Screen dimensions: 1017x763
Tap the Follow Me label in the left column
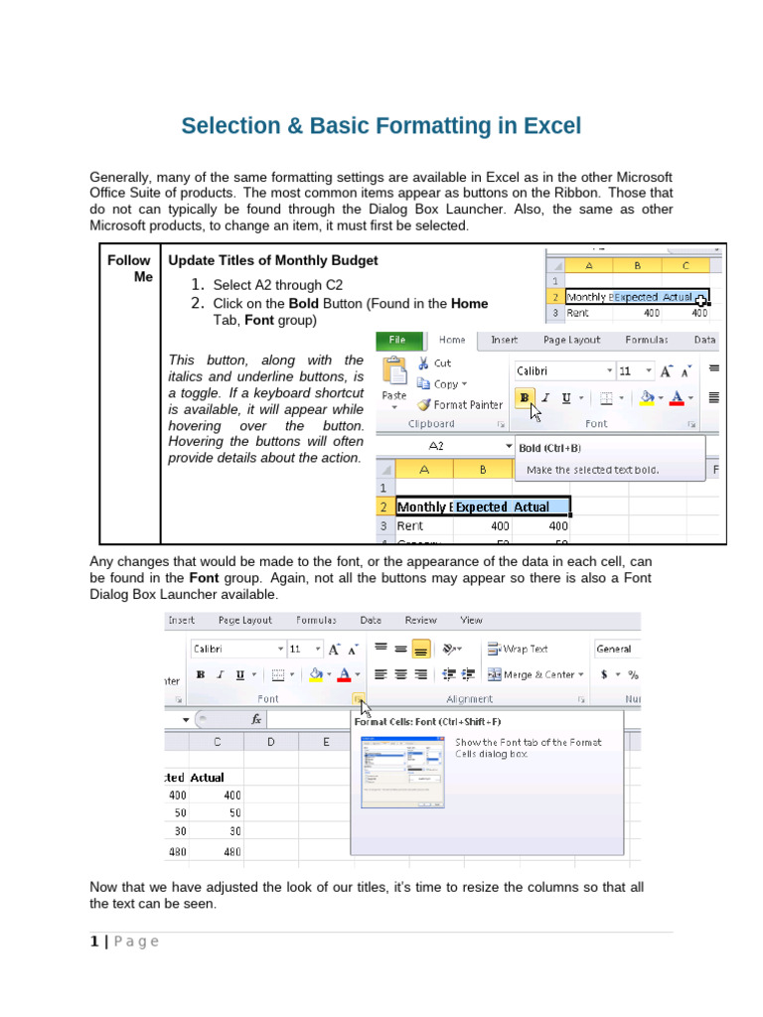[x=129, y=268]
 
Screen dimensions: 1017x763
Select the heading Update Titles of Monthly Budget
[x=273, y=260]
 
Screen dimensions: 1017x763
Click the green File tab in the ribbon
[x=396, y=340]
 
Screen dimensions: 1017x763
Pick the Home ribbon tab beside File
[x=452, y=340]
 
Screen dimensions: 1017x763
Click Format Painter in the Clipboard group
[x=459, y=404]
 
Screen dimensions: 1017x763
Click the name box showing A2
[x=437, y=447]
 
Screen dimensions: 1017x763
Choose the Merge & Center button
[x=532, y=674]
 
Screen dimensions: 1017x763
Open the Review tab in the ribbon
[x=420, y=620]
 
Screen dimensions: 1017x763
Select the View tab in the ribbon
[x=471, y=620]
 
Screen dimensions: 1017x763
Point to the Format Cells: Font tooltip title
[x=427, y=722]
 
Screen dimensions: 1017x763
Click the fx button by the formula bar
[x=256, y=718]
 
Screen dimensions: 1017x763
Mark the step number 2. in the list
[x=198, y=303]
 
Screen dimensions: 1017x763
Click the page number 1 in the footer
[x=93, y=942]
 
